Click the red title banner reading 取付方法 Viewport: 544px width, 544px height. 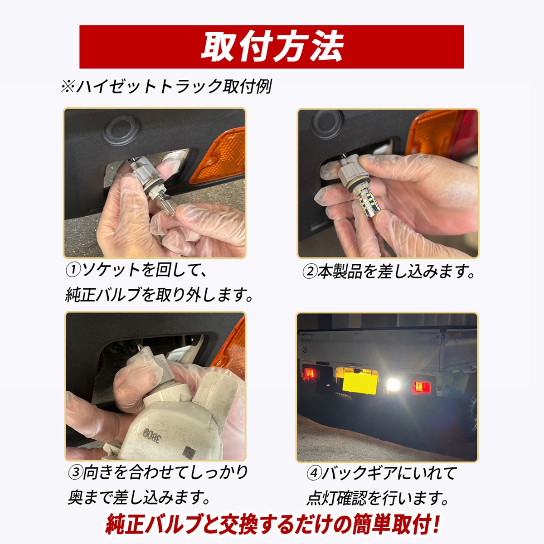click(272, 47)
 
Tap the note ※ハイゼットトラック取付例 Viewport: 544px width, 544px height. click(166, 87)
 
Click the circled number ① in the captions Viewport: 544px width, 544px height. click(73, 270)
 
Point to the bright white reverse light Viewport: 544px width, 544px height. click(393, 384)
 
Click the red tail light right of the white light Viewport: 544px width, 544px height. click(422, 387)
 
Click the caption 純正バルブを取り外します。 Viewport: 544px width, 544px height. click(159, 295)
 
